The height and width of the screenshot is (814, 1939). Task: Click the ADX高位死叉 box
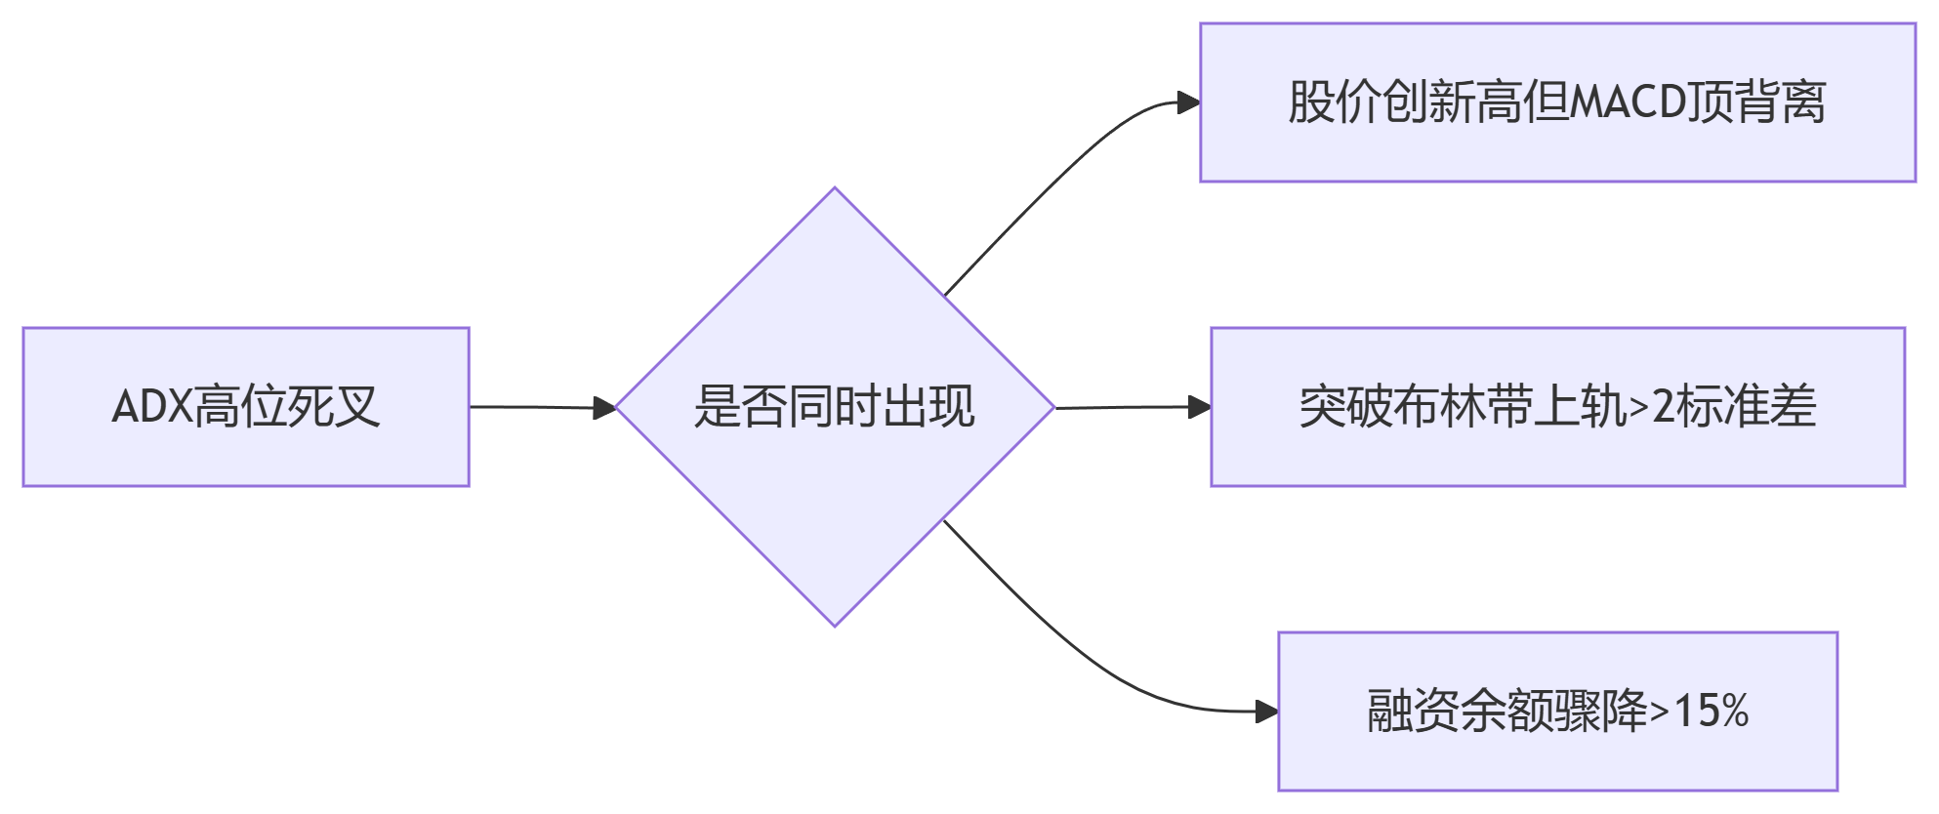pyautogui.click(x=245, y=407)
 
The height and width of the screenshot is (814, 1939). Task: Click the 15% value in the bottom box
pyautogui.click(x=1711, y=711)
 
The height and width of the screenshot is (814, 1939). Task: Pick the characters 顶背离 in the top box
pyautogui.click(x=1757, y=102)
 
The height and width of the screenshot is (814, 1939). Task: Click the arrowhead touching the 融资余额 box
pyautogui.click(x=1266, y=712)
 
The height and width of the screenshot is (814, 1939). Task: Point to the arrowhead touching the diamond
pyautogui.click(x=605, y=408)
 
